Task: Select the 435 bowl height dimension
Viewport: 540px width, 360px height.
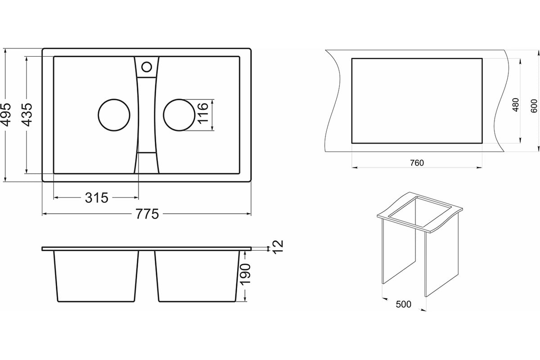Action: point(27,115)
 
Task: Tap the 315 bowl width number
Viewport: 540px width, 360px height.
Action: point(97,198)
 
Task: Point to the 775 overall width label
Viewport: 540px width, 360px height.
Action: point(147,214)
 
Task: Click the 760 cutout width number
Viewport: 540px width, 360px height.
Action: point(417,163)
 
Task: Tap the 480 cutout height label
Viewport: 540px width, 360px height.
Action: point(516,105)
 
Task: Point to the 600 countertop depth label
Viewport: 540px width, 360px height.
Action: point(534,105)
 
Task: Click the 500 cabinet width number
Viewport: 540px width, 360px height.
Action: point(404,305)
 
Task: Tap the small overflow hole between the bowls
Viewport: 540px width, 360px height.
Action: point(146,67)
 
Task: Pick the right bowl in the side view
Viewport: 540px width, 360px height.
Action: point(197,275)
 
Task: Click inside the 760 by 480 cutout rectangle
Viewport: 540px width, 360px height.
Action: point(417,100)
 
